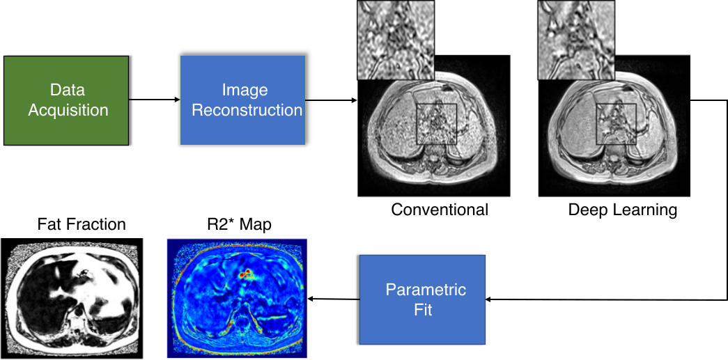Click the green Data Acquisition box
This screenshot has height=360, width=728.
click(67, 100)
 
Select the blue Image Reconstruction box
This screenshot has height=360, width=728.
click(242, 100)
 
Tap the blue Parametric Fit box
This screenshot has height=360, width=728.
click(421, 299)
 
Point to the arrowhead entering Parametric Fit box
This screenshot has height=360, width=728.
click(489, 299)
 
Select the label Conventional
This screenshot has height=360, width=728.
click(440, 210)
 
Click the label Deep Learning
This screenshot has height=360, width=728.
click(623, 210)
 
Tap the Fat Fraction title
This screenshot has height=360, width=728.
click(82, 224)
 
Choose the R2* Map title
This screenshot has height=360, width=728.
click(239, 224)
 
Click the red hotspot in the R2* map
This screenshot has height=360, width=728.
click(244, 275)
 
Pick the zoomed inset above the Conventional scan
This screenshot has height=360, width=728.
click(396, 40)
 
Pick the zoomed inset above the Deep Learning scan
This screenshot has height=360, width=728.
click(577, 40)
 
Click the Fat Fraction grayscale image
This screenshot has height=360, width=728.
click(72, 299)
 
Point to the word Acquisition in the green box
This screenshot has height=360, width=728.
click(68, 110)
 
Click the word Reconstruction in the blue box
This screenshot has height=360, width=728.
click(247, 110)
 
